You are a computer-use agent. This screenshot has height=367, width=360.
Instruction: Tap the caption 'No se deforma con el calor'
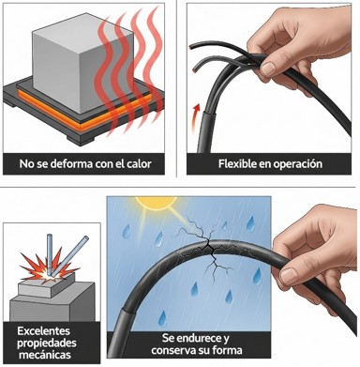(85, 165)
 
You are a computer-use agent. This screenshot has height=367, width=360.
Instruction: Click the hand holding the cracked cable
(314, 249)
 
